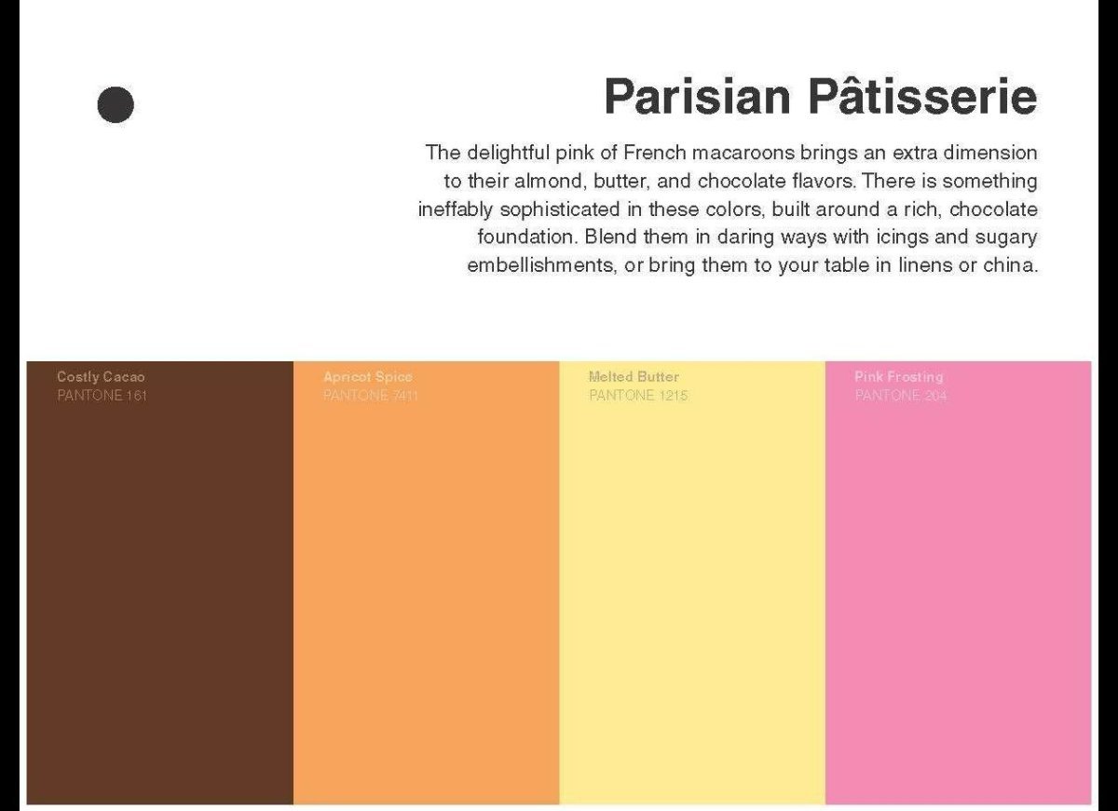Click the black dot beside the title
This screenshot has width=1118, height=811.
coord(116,104)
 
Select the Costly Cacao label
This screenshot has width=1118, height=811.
coord(101,377)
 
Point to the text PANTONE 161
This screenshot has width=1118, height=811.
coord(102,396)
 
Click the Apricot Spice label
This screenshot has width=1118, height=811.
coord(367,377)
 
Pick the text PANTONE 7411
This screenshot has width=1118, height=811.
coord(370,396)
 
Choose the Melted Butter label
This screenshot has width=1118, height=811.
coord(634,377)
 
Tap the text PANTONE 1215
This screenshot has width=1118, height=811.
coord(638,396)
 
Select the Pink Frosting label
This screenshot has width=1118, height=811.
coord(898,377)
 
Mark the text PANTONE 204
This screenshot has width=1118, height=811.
coord(900,396)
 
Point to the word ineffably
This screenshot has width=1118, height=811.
coord(456,209)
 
